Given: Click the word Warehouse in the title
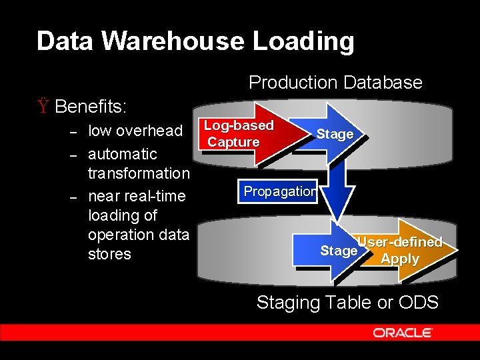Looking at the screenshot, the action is point(173,41).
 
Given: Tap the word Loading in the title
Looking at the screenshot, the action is point(303,41).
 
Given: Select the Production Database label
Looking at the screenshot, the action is point(335,83).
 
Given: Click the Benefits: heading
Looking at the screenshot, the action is point(92,107).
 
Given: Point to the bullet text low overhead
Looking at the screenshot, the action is point(135,131).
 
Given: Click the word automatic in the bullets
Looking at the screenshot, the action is point(123,154).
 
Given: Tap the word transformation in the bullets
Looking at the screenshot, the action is point(139,173).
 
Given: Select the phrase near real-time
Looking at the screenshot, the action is point(137,197).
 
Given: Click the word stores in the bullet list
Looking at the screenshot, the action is point(109,254).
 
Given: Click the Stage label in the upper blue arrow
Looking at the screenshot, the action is point(335,134).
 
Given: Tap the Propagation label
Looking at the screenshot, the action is point(280,191).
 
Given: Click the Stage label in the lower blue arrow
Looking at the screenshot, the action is point(339,251).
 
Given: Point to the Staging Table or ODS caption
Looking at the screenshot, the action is point(347,303).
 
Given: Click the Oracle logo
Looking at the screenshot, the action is point(403,333).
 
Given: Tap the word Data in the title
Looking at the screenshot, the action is point(65,41).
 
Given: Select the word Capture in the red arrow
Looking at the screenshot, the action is point(233,142).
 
